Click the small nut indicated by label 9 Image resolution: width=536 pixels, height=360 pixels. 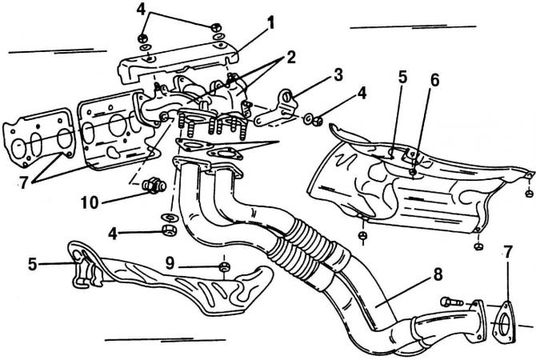225,266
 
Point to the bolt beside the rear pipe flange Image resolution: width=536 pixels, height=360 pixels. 449,302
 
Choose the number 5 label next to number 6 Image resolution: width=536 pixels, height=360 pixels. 403,78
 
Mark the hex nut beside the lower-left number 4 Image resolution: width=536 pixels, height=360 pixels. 170,232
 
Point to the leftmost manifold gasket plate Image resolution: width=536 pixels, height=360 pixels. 36,144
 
